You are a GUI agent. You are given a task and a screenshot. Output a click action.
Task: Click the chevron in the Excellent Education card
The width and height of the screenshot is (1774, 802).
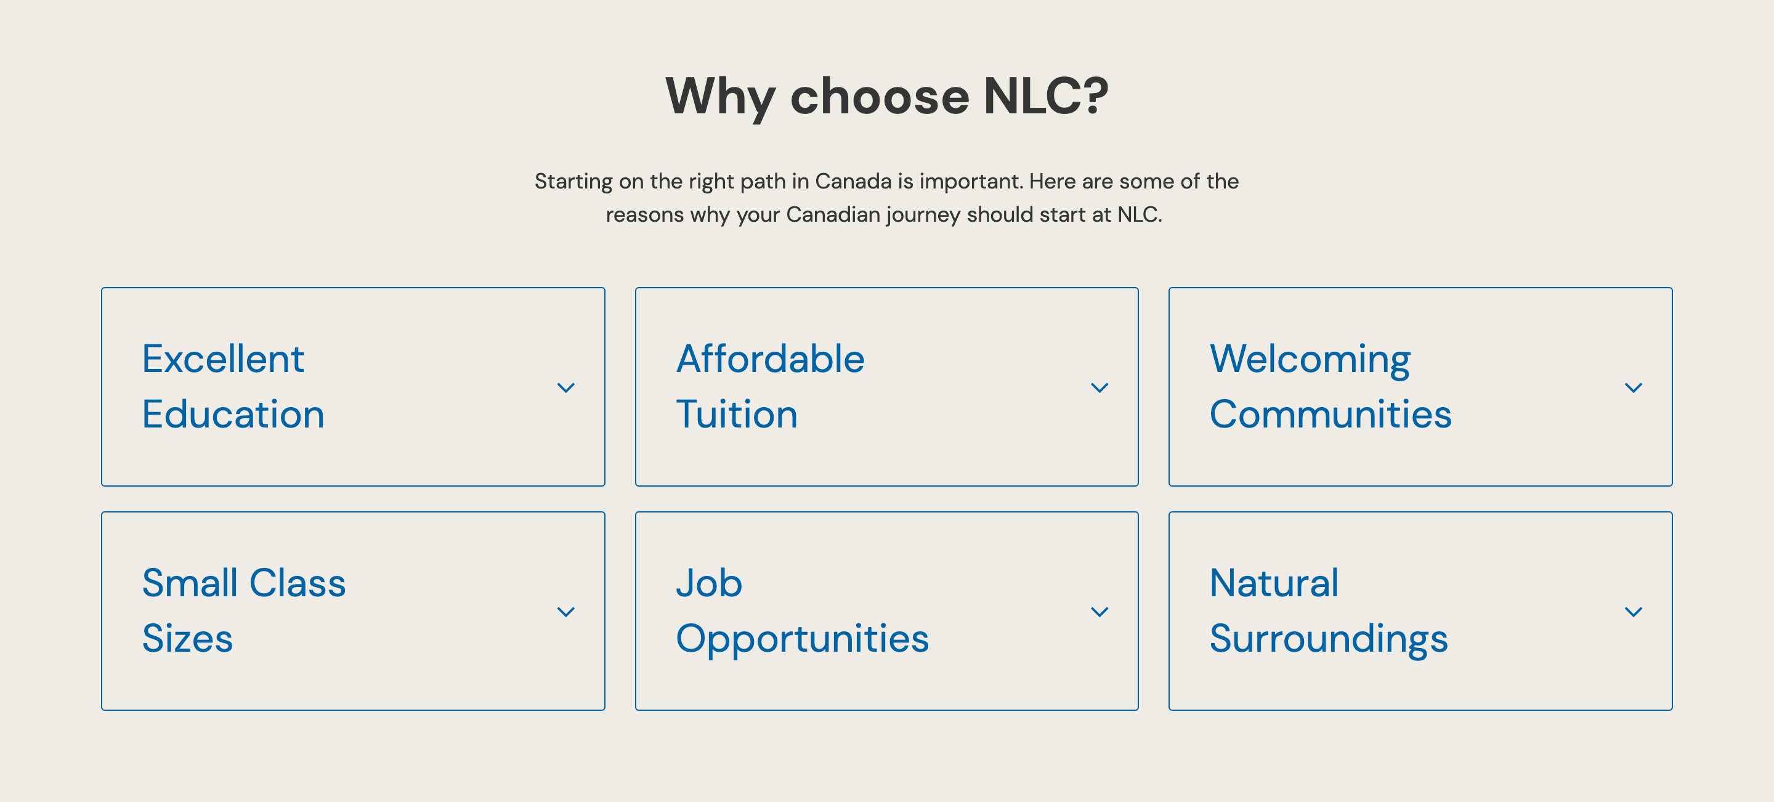point(565,387)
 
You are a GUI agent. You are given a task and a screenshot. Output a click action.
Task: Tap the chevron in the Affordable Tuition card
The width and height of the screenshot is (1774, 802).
point(1099,387)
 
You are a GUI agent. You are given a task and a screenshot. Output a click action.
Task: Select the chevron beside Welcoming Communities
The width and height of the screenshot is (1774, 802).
point(1633,387)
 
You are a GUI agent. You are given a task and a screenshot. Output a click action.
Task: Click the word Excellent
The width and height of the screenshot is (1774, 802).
point(223,358)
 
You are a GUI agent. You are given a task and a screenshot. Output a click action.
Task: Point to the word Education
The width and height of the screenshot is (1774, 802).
point(233,415)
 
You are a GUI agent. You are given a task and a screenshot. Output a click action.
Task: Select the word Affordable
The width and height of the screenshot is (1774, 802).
point(770,358)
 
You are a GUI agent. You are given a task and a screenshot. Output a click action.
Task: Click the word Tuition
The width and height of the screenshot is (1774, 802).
point(737,415)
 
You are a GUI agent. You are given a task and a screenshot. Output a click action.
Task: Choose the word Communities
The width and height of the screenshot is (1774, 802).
point(1330,415)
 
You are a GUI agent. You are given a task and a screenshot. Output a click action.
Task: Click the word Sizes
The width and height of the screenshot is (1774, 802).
point(187,639)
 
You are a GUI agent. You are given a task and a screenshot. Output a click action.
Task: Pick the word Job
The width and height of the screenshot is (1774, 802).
point(708,583)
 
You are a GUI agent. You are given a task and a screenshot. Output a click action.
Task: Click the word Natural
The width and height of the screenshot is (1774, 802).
point(1274,583)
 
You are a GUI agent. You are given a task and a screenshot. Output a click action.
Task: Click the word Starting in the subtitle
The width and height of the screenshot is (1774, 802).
point(573,182)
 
